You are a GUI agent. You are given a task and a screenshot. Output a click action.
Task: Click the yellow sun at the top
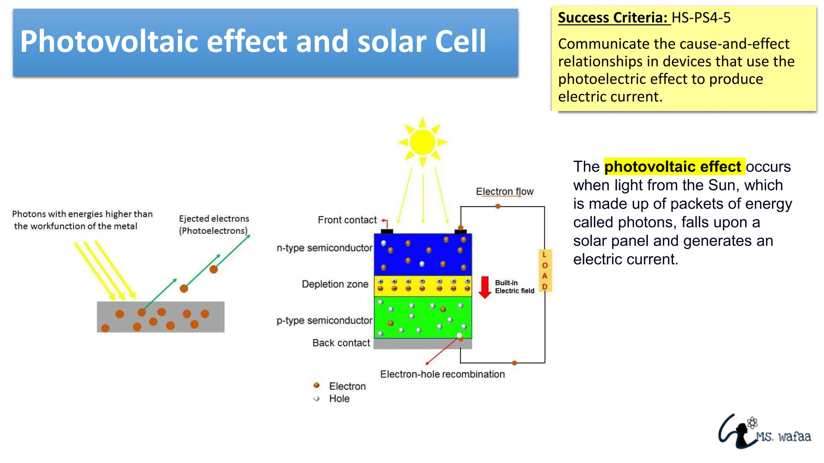pos(422,142)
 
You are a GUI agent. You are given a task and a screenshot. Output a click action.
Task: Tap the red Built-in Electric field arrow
pos(485,287)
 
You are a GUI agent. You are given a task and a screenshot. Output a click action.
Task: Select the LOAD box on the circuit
pos(545,270)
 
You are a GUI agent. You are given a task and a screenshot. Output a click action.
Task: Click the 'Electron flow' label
pos(505,192)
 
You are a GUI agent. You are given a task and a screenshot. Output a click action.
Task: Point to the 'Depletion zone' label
pos(335,284)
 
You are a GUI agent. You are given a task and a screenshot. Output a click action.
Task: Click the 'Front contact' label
pos(347,220)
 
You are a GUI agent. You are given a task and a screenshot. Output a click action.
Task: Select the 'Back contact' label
pos(341,343)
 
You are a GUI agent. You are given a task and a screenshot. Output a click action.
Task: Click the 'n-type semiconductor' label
pos(324,248)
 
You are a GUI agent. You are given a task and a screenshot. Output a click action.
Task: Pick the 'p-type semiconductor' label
pos(324,321)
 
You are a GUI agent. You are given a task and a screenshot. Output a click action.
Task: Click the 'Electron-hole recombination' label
pos(442,374)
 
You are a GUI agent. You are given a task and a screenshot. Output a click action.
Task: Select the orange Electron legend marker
pos(317,385)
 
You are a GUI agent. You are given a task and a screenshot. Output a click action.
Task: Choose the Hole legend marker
pos(317,398)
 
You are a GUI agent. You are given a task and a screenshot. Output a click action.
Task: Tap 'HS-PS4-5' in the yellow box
pos(701,18)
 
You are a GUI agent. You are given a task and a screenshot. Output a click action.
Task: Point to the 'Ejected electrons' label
pos(214,219)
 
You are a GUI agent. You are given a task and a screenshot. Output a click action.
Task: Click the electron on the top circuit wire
pos(498,206)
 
